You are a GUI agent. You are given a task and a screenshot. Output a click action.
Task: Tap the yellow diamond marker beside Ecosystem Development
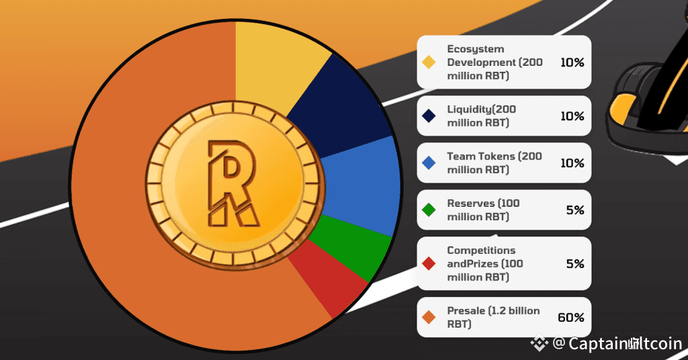[428, 62]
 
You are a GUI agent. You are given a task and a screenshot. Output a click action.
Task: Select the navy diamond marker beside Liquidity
[428, 116]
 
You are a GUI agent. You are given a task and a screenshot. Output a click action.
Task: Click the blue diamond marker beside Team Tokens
[428, 163]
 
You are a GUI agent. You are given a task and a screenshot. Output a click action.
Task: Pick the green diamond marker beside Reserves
[428, 210]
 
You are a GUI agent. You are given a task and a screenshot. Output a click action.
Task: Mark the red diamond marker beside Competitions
[428, 264]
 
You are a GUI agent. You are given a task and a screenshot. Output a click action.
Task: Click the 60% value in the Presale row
[571, 318]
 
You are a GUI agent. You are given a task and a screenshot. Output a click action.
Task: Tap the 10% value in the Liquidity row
[572, 116]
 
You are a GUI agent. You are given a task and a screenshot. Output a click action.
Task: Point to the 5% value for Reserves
[575, 210]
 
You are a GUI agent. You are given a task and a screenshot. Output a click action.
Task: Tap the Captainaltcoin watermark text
[625, 344]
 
